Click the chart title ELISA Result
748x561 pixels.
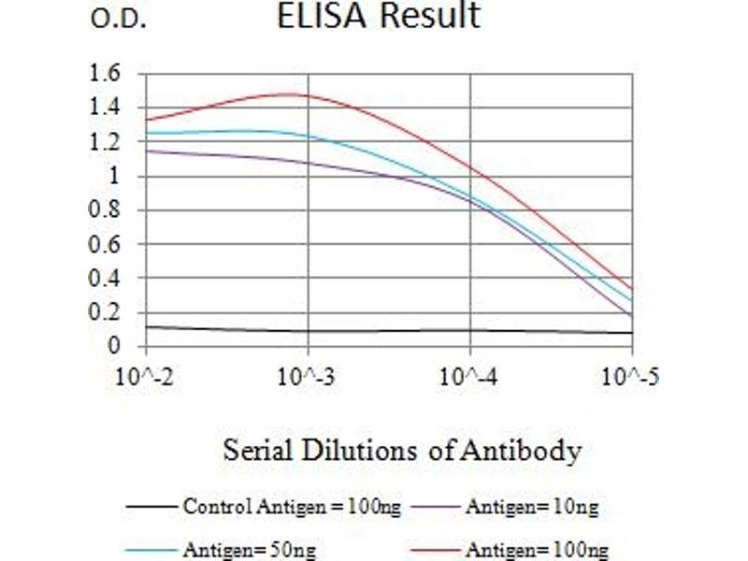379,17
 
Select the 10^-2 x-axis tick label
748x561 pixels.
144,377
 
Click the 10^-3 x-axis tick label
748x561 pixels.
307,377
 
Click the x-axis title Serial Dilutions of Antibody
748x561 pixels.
402,451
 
